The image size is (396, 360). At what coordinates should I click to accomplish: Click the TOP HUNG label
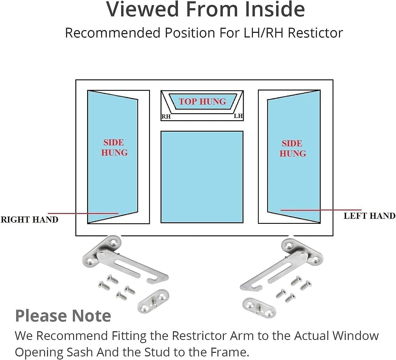202,102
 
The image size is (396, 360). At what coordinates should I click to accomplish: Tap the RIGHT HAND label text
30,220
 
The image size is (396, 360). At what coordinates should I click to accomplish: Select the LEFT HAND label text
370,216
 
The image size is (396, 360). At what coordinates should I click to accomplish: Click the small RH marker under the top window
166,117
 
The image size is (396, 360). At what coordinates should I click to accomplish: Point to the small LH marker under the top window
238,116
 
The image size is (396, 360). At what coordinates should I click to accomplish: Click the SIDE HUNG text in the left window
114,148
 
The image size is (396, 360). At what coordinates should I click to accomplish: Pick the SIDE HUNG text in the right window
293,148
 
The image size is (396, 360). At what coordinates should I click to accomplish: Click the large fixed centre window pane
202,177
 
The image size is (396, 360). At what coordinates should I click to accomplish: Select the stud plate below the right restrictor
260,307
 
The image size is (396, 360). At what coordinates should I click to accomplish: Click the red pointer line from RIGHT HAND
83,213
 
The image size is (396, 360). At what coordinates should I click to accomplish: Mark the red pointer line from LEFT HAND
321,210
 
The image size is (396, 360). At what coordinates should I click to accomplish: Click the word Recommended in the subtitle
112,33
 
